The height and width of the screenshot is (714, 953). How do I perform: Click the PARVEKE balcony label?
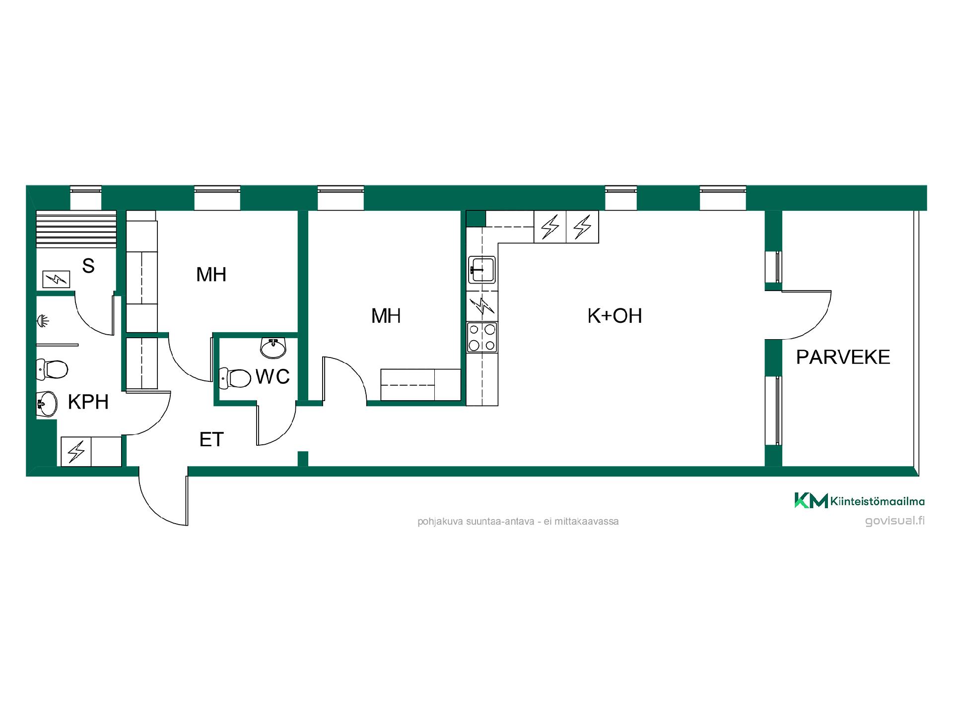pos(843,357)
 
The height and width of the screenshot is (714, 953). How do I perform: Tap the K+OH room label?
pos(614,316)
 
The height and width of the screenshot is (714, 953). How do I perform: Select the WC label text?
pos(272,377)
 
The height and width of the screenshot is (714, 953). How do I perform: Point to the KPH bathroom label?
pos(88,402)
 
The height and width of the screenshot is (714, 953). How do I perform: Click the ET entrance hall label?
pos(211,439)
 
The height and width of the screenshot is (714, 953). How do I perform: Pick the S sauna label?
pos(88,266)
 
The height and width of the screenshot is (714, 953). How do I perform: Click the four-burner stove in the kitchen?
pos(482,337)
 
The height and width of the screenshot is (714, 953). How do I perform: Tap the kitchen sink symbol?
pos(481,269)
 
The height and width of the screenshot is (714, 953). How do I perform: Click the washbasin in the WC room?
pos(273,348)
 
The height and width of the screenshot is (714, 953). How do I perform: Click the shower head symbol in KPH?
pos(43,322)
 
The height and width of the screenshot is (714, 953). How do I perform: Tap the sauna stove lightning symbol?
pos(56,280)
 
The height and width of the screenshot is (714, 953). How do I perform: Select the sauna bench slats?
pos(76,228)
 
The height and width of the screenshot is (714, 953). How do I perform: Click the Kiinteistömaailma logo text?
pos(877,502)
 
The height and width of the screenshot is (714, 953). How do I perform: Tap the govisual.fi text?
pos(895,521)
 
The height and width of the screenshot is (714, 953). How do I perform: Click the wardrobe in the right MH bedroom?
pos(421,384)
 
